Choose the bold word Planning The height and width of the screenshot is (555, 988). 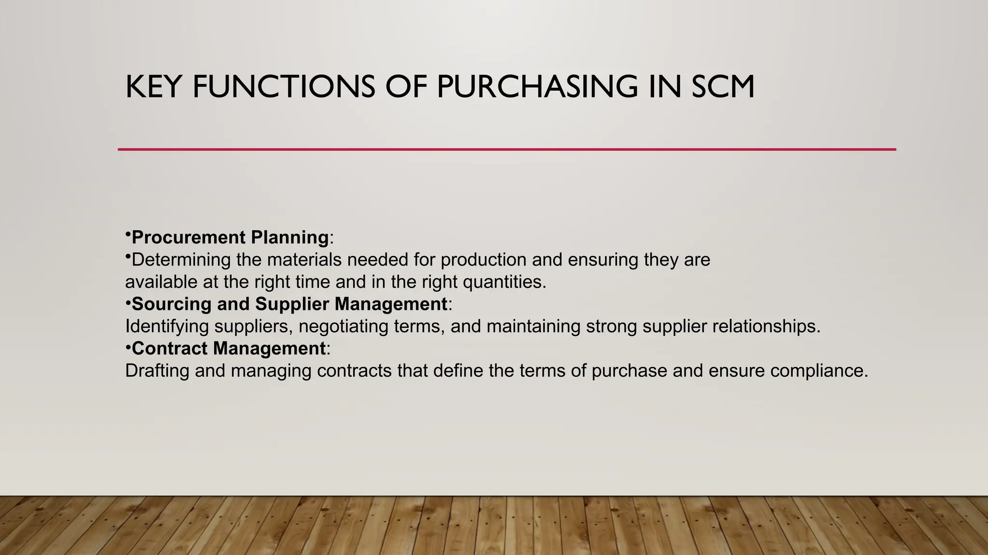pos(290,238)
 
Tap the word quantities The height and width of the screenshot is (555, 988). pos(505,282)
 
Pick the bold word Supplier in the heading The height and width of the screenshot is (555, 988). pos(292,304)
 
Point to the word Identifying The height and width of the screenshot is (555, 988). pos(167,326)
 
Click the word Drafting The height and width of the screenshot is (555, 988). pos(157,370)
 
